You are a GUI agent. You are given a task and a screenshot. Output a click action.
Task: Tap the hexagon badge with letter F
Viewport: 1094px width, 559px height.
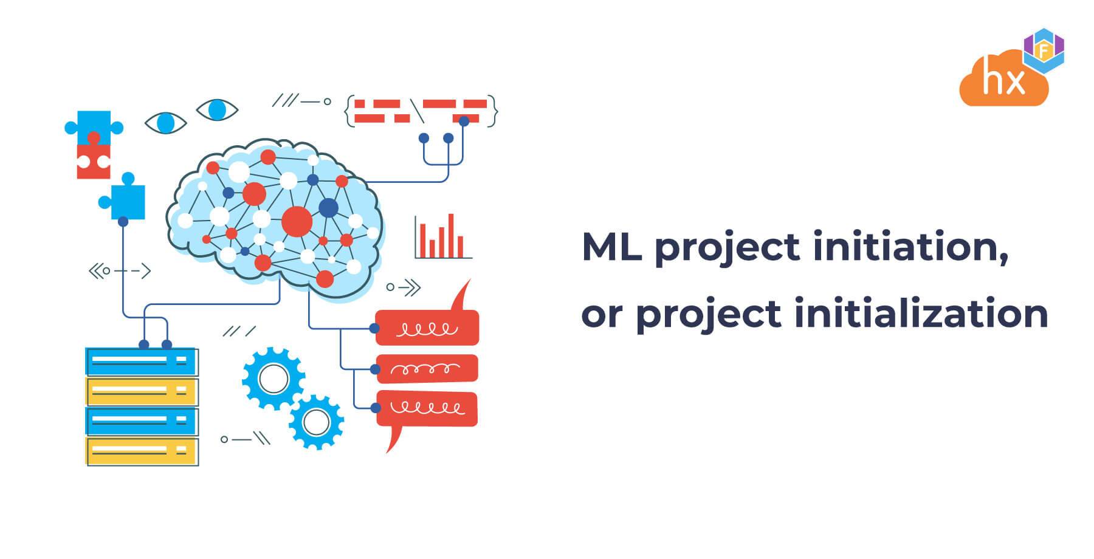point(1044,50)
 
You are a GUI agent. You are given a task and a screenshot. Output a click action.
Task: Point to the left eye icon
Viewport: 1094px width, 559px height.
point(165,123)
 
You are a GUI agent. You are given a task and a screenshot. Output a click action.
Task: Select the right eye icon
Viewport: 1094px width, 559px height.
point(217,110)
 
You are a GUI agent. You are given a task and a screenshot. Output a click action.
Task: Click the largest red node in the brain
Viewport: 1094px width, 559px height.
point(297,221)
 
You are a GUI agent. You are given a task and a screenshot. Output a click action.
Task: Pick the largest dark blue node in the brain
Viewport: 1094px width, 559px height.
point(328,208)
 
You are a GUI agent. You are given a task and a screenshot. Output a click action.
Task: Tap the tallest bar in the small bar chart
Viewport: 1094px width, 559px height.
point(451,236)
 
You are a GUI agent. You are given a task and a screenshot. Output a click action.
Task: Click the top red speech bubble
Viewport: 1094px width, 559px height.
point(427,328)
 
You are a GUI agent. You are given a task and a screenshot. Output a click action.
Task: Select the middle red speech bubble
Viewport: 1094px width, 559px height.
point(427,368)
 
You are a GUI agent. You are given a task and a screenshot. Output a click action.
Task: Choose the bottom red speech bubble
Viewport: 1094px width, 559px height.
point(427,408)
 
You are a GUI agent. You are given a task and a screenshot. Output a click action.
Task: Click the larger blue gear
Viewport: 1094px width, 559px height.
point(273,379)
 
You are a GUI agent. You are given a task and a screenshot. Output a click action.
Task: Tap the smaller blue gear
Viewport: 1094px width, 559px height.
point(316,422)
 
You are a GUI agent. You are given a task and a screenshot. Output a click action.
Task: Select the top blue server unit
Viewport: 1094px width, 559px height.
point(141,362)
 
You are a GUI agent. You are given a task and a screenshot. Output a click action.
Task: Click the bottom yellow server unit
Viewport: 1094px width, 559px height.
point(141,451)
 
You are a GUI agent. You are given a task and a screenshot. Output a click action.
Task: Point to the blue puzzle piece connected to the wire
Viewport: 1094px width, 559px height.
point(126,201)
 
